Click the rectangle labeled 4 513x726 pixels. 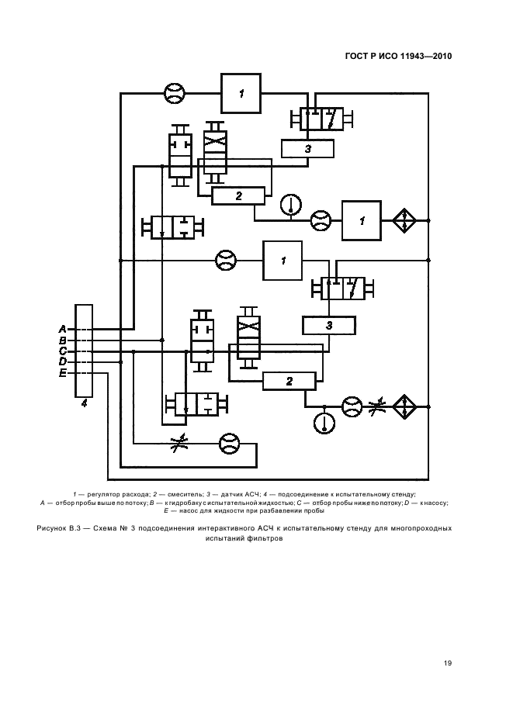click(x=83, y=350)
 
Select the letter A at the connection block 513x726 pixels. click(x=62, y=329)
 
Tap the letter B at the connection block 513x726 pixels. click(x=62, y=341)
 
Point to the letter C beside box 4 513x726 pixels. click(x=62, y=351)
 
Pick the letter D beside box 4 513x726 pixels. click(x=62, y=362)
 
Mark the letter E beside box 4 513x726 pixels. click(x=62, y=373)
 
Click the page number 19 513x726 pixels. click(x=448, y=662)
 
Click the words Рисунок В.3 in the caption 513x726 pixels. click(x=59, y=527)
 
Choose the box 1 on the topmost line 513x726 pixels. click(x=241, y=94)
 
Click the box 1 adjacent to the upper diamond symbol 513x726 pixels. click(x=362, y=220)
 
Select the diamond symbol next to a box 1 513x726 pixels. click(x=404, y=220)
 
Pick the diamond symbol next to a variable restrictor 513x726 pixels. click(x=404, y=406)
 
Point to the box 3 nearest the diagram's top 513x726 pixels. click(x=307, y=148)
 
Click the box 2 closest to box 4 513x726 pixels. click(x=289, y=381)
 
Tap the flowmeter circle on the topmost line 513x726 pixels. click(x=175, y=94)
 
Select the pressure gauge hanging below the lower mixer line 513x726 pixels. click(x=323, y=423)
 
